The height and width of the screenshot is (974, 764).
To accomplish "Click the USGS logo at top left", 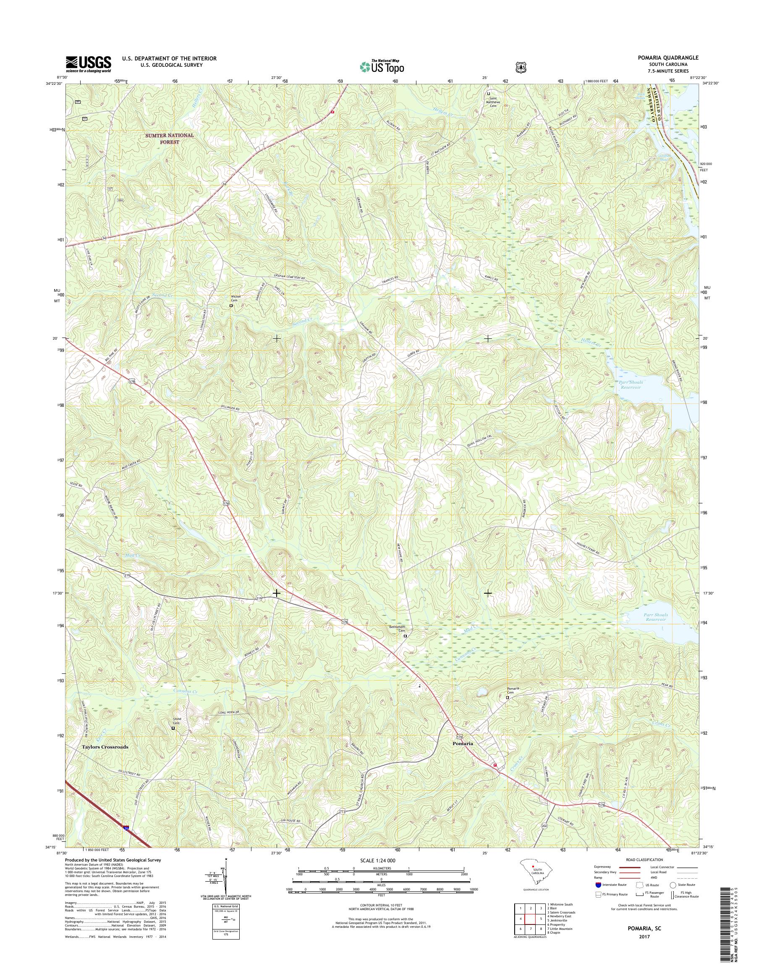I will coord(88,64).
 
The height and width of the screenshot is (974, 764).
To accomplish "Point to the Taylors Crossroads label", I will coord(105,747).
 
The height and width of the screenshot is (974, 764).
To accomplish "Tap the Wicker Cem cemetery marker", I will coord(231,306).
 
